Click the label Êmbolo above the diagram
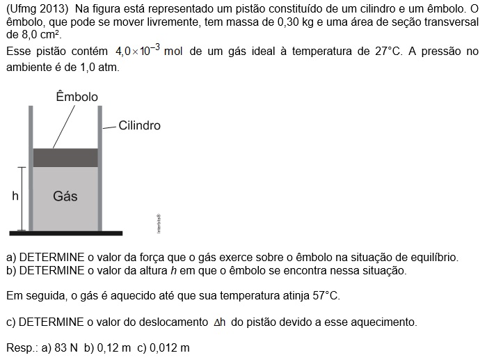click(77, 97)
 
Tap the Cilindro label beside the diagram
click(139, 126)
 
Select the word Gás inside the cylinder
click(65, 196)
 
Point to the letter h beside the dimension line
click(15, 196)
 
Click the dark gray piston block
click(65, 157)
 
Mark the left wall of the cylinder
click(31, 167)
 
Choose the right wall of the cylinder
click(100, 167)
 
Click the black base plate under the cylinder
click(65, 233)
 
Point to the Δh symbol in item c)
click(218, 322)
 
